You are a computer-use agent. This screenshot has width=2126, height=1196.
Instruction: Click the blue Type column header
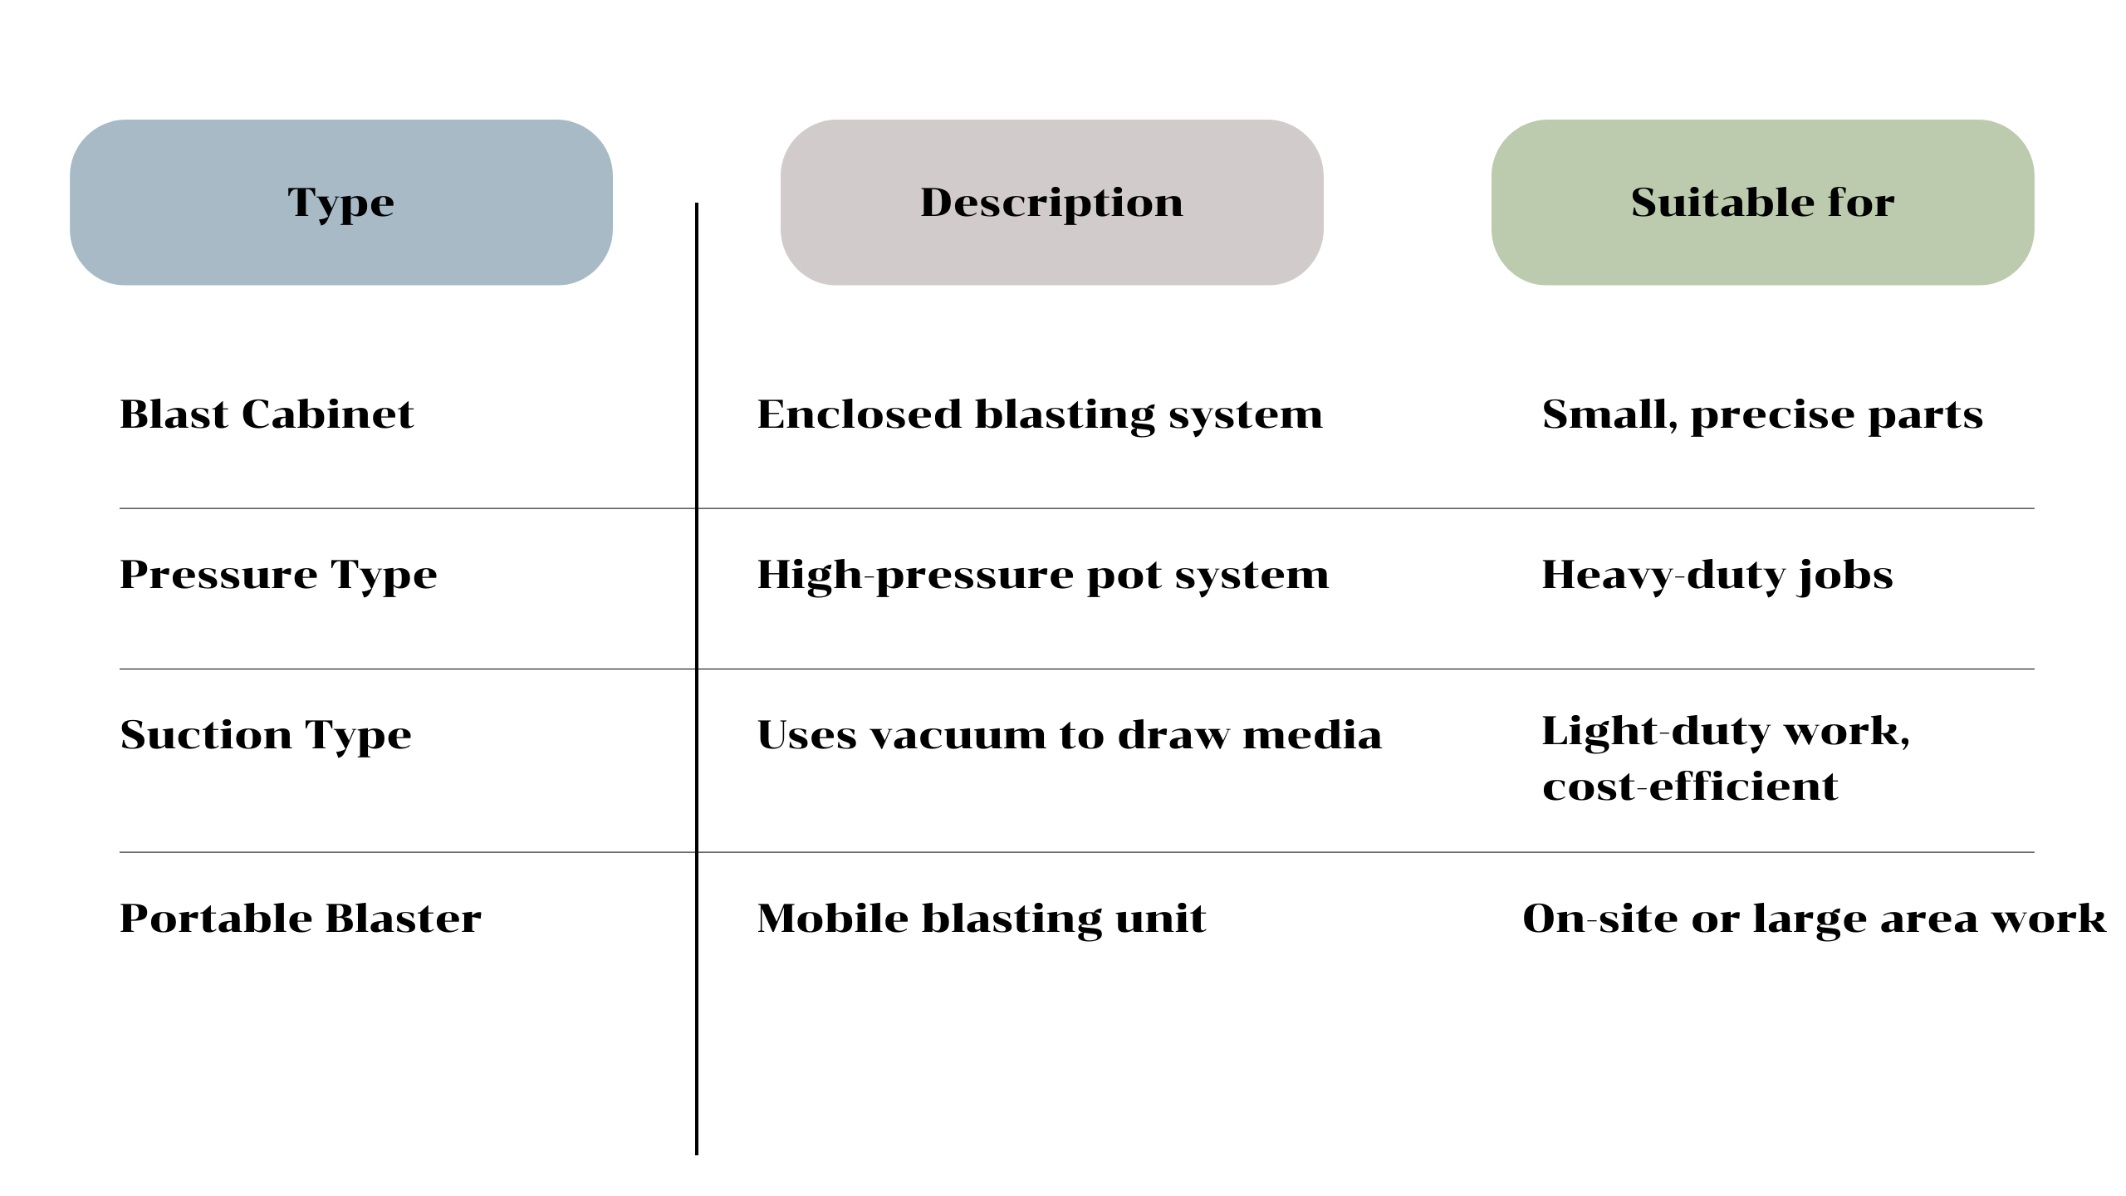tap(340, 203)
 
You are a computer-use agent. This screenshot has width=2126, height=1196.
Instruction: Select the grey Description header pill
tap(1051, 203)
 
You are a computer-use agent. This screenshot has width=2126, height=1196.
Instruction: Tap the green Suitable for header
tap(1762, 203)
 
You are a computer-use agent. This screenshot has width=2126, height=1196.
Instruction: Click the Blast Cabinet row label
tap(267, 414)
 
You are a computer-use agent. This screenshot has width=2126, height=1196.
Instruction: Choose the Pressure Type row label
tap(278, 575)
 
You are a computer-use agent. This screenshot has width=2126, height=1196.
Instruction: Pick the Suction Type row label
tap(266, 735)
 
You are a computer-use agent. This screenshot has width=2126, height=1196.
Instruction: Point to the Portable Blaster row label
tap(301, 919)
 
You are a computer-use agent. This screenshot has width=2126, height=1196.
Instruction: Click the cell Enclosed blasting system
tap(1040, 414)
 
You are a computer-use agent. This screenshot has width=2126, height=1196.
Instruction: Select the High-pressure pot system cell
tap(1043, 575)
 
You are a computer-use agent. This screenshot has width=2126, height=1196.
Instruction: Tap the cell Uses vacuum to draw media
tap(1070, 735)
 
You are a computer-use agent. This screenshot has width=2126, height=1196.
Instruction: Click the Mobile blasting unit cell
tap(982, 919)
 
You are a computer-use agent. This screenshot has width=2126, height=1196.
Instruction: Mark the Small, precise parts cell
tap(1762, 414)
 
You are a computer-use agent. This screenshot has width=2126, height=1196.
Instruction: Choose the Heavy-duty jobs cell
tap(1717, 575)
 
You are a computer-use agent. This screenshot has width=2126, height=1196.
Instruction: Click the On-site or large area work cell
tap(1814, 919)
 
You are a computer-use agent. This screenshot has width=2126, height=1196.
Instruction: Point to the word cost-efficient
tap(1690, 787)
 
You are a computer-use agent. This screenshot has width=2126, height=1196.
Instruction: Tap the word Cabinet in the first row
tap(327, 414)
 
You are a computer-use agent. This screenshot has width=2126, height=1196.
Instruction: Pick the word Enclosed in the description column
tap(860, 414)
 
